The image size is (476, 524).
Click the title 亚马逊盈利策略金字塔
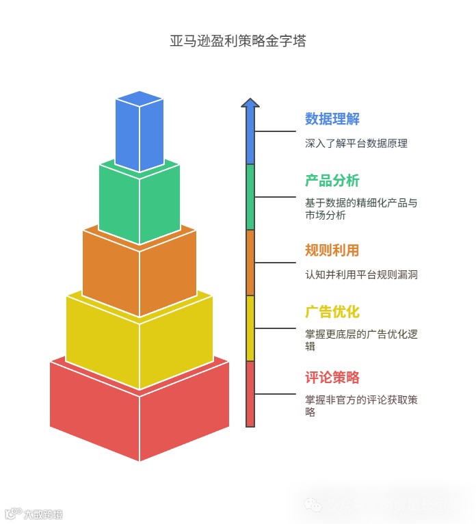pyautogui.click(x=237, y=41)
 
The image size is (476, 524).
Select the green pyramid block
pyautogui.click(x=140, y=202)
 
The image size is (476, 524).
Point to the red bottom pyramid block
pyautogui.click(x=140, y=410)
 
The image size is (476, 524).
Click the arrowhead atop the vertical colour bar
pyautogui.click(x=250, y=103)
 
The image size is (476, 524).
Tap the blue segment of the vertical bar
pyautogui.click(x=250, y=137)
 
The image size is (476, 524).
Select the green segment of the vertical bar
pyautogui.click(x=250, y=197)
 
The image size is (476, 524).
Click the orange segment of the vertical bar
pyautogui.click(x=250, y=263)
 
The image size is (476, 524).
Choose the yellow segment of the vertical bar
pyautogui.click(x=250, y=328)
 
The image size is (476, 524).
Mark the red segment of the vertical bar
pyautogui.click(x=250, y=394)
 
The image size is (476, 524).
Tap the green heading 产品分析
pyautogui.click(x=332, y=181)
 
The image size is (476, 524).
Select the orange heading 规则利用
pyautogui.click(x=332, y=250)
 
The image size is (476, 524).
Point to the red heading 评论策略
pyautogui.click(x=332, y=378)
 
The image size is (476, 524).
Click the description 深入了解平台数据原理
pyautogui.click(x=356, y=144)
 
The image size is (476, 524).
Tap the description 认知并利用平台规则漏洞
pyautogui.click(x=361, y=275)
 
